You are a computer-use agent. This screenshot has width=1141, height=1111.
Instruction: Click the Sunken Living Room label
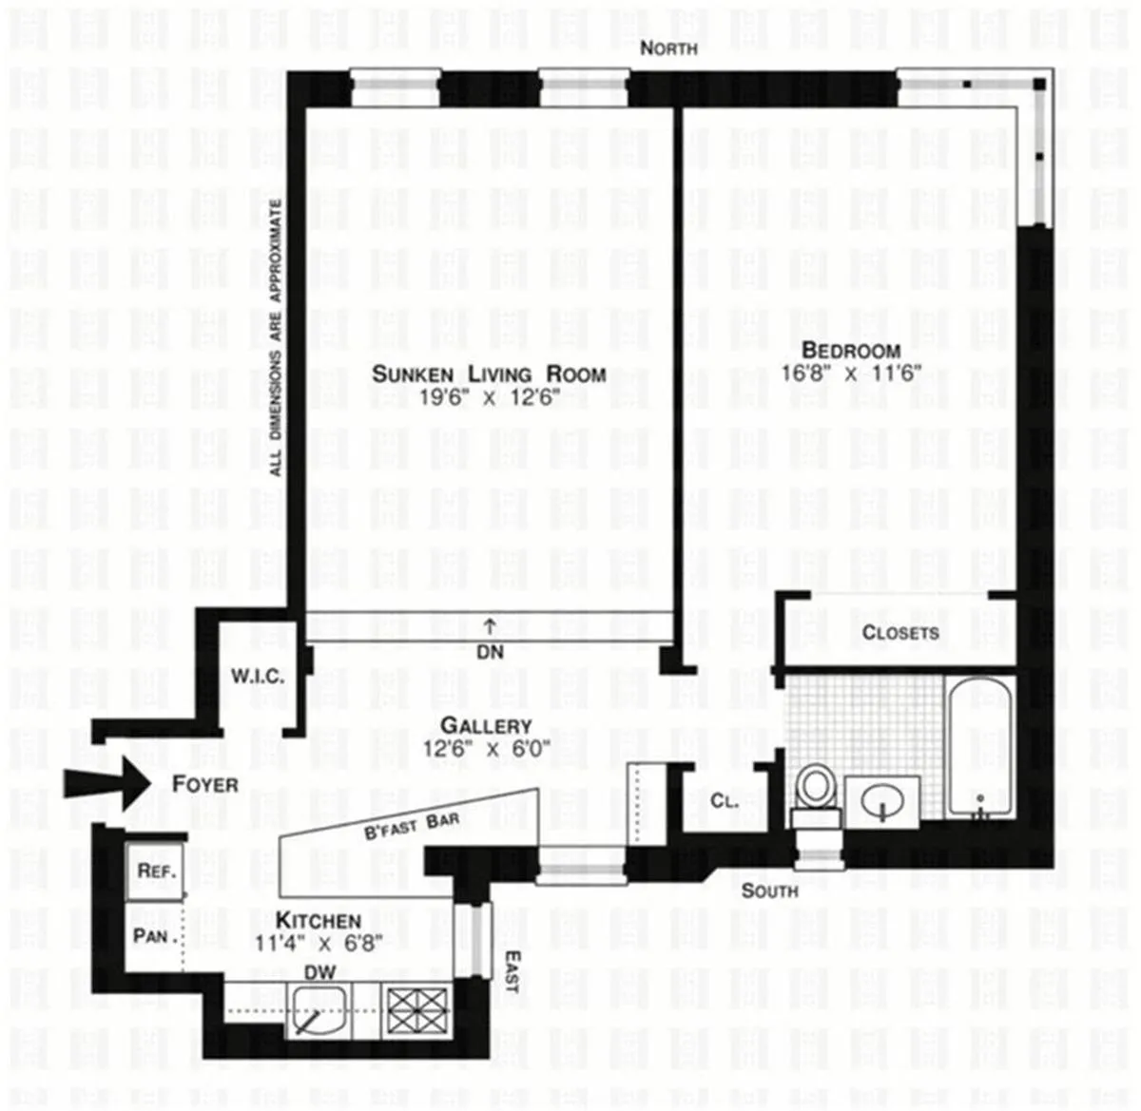click(488, 374)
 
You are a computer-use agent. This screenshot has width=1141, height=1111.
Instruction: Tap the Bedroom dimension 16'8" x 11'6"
click(851, 374)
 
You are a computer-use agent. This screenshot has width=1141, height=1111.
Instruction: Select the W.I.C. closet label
click(257, 677)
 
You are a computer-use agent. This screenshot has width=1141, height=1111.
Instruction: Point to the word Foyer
click(205, 785)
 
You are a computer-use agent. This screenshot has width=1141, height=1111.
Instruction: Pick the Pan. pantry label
click(152, 936)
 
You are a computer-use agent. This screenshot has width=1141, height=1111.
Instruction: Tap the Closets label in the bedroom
click(899, 633)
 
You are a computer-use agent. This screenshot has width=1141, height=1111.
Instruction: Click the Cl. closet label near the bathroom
click(725, 800)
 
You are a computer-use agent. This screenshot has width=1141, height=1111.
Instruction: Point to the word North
click(668, 48)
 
